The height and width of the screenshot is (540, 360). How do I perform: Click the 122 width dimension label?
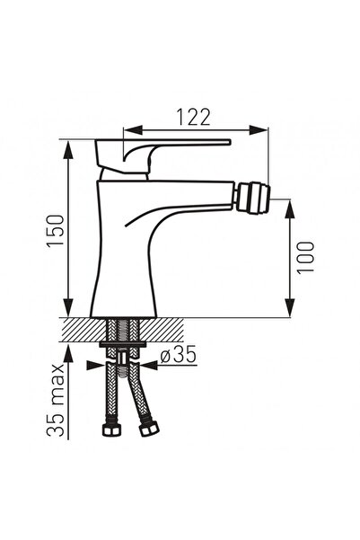pos(193,117)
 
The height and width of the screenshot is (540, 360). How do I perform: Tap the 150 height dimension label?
pos(56,230)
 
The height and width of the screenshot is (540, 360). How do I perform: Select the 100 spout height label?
pos(305,257)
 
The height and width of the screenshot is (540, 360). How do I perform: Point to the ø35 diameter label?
pos(179,354)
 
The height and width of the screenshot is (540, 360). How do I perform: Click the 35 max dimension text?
pos(56,400)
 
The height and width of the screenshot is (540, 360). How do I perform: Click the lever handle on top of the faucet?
pos(162,155)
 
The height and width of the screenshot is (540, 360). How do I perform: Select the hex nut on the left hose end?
pos(112,429)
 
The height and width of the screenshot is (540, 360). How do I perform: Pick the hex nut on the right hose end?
pos(150,429)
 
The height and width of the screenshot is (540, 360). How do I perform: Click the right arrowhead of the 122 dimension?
pos(259,130)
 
